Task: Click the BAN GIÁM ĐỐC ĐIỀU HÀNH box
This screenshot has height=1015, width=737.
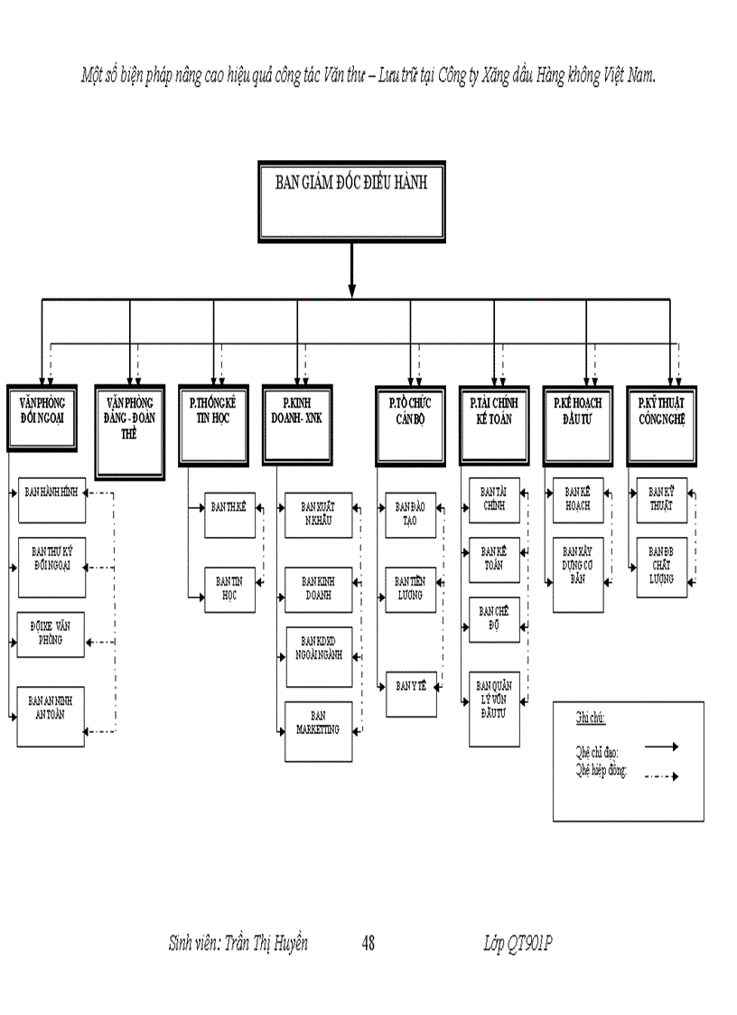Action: pos(351,202)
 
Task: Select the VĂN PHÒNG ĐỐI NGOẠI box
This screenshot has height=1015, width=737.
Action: pos(42,417)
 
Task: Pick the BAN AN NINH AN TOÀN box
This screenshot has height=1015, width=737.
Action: pos(52,716)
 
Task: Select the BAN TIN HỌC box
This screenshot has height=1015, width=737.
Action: pos(229,589)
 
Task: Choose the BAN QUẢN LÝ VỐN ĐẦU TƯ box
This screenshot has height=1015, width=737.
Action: pos(494,709)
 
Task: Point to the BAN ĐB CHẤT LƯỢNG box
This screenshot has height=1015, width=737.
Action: pos(661,568)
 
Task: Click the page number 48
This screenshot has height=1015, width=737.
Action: pos(368,944)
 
